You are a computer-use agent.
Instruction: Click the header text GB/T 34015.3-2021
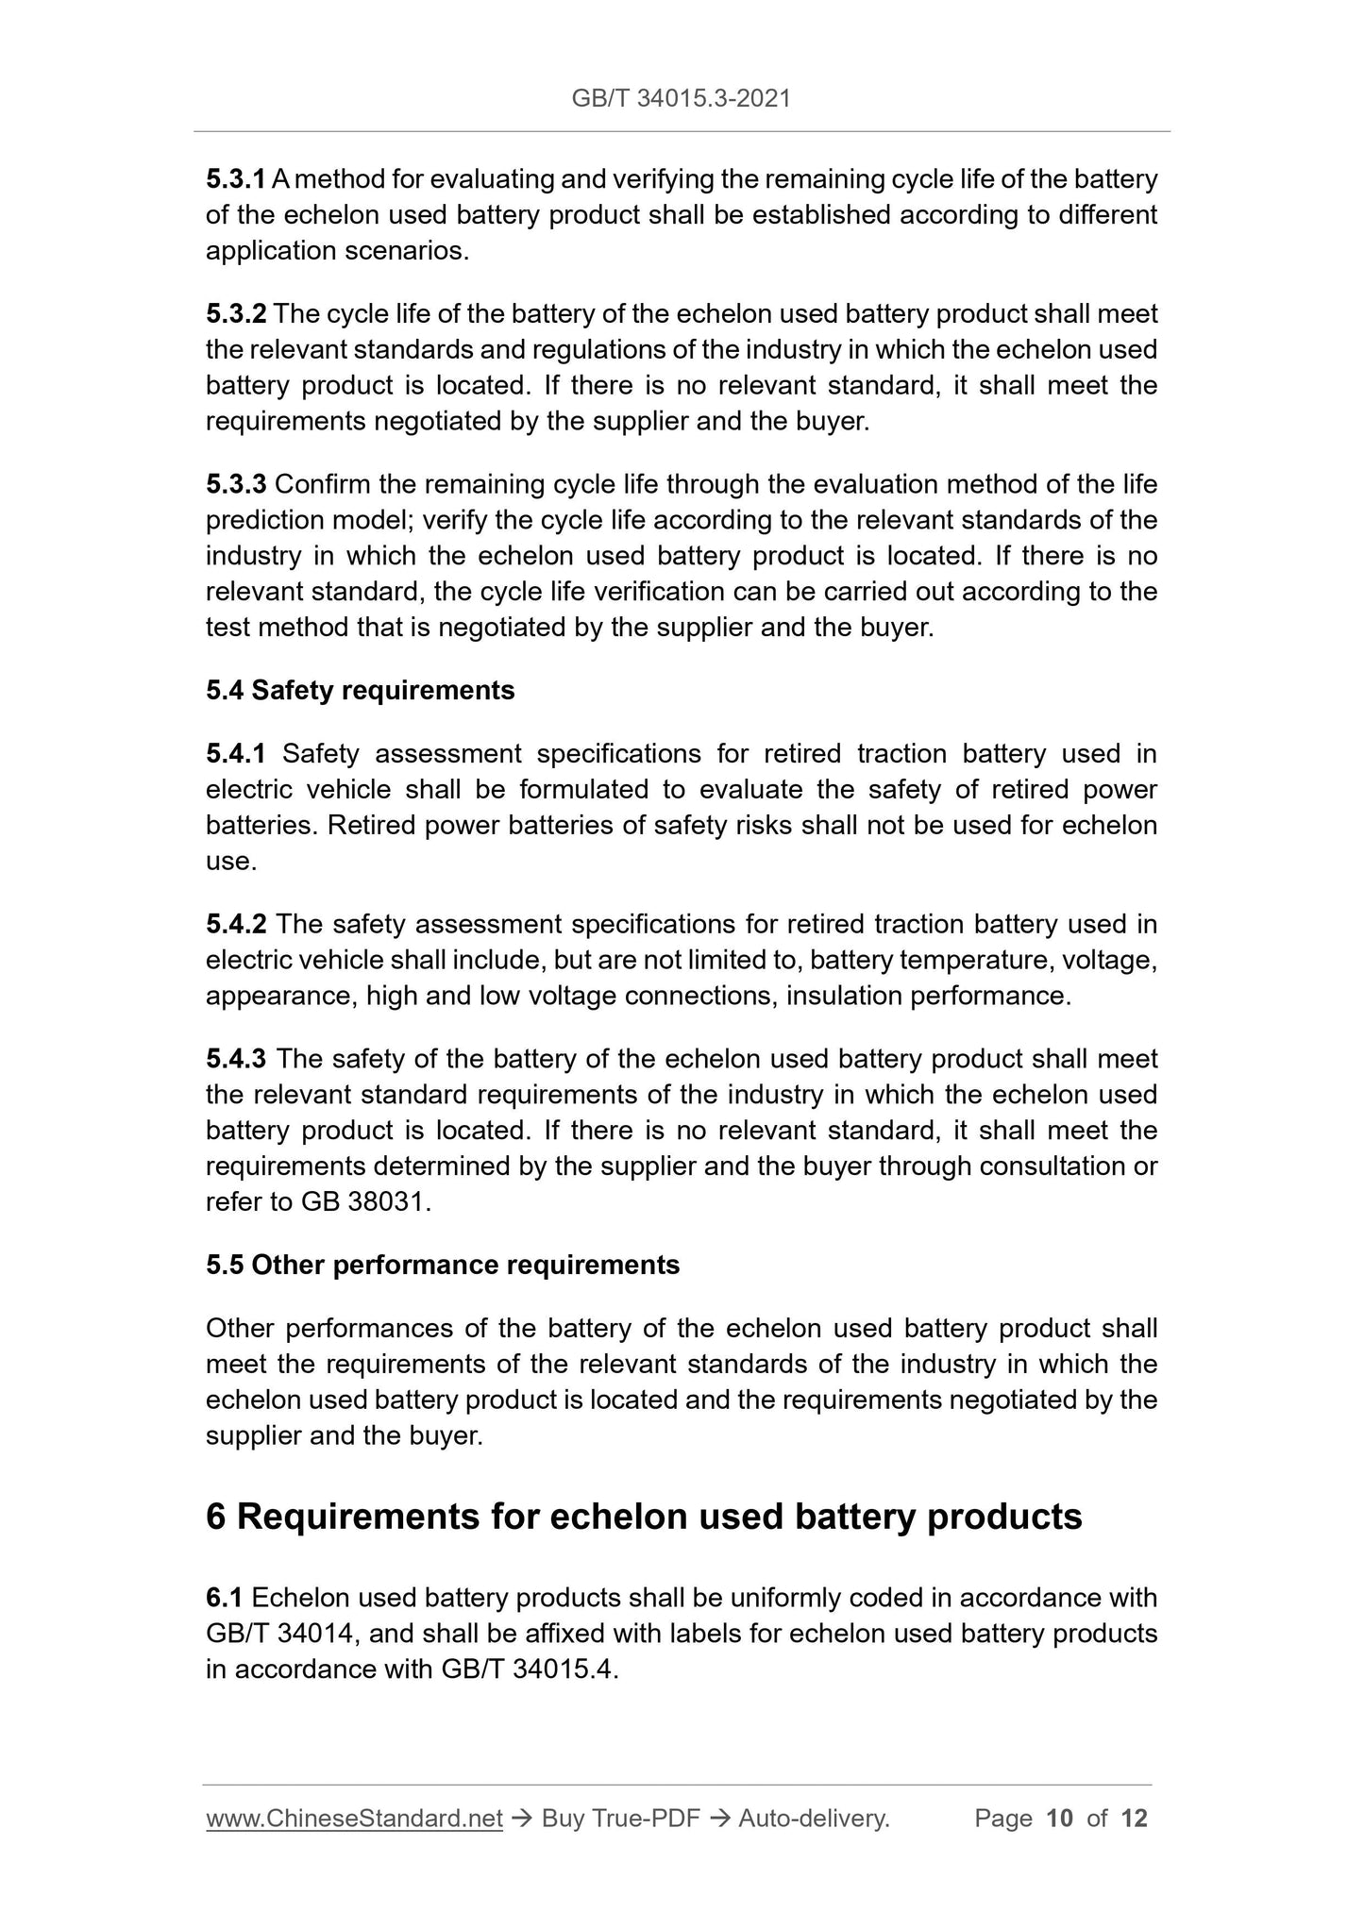tap(681, 98)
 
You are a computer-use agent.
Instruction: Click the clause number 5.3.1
tap(236, 179)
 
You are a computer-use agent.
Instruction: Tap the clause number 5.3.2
tap(236, 313)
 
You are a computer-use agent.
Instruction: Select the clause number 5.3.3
tap(236, 485)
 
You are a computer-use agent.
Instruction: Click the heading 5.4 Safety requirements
tap(360, 691)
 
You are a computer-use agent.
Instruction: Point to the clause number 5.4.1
tap(236, 754)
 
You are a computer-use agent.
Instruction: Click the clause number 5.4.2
tap(236, 924)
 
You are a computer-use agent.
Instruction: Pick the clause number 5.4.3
tap(236, 1059)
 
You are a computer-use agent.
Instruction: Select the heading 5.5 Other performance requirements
tap(442, 1266)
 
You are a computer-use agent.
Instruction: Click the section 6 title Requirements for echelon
tap(643, 1517)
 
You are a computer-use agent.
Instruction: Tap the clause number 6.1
tap(225, 1598)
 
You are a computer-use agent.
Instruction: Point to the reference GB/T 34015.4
tap(528, 1669)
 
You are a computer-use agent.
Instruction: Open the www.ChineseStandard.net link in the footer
tap(354, 1819)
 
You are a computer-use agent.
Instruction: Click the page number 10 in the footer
tap(1060, 1819)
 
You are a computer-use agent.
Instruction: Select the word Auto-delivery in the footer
tap(813, 1819)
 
